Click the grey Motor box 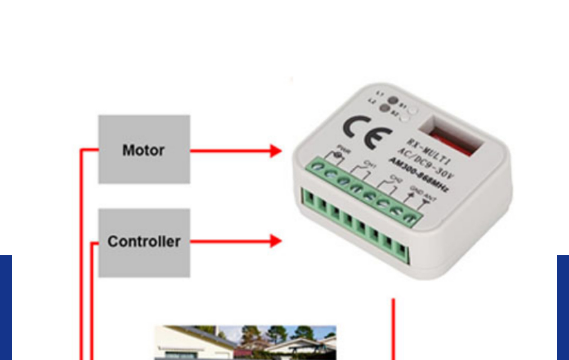(x=144, y=149)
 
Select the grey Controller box (x=144, y=243)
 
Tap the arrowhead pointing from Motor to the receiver (x=275, y=151)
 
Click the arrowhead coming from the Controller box (x=275, y=241)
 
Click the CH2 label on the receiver (x=395, y=179)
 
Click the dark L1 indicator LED (x=393, y=100)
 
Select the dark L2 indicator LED (x=385, y=108)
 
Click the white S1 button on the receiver (x=413, y=111)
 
